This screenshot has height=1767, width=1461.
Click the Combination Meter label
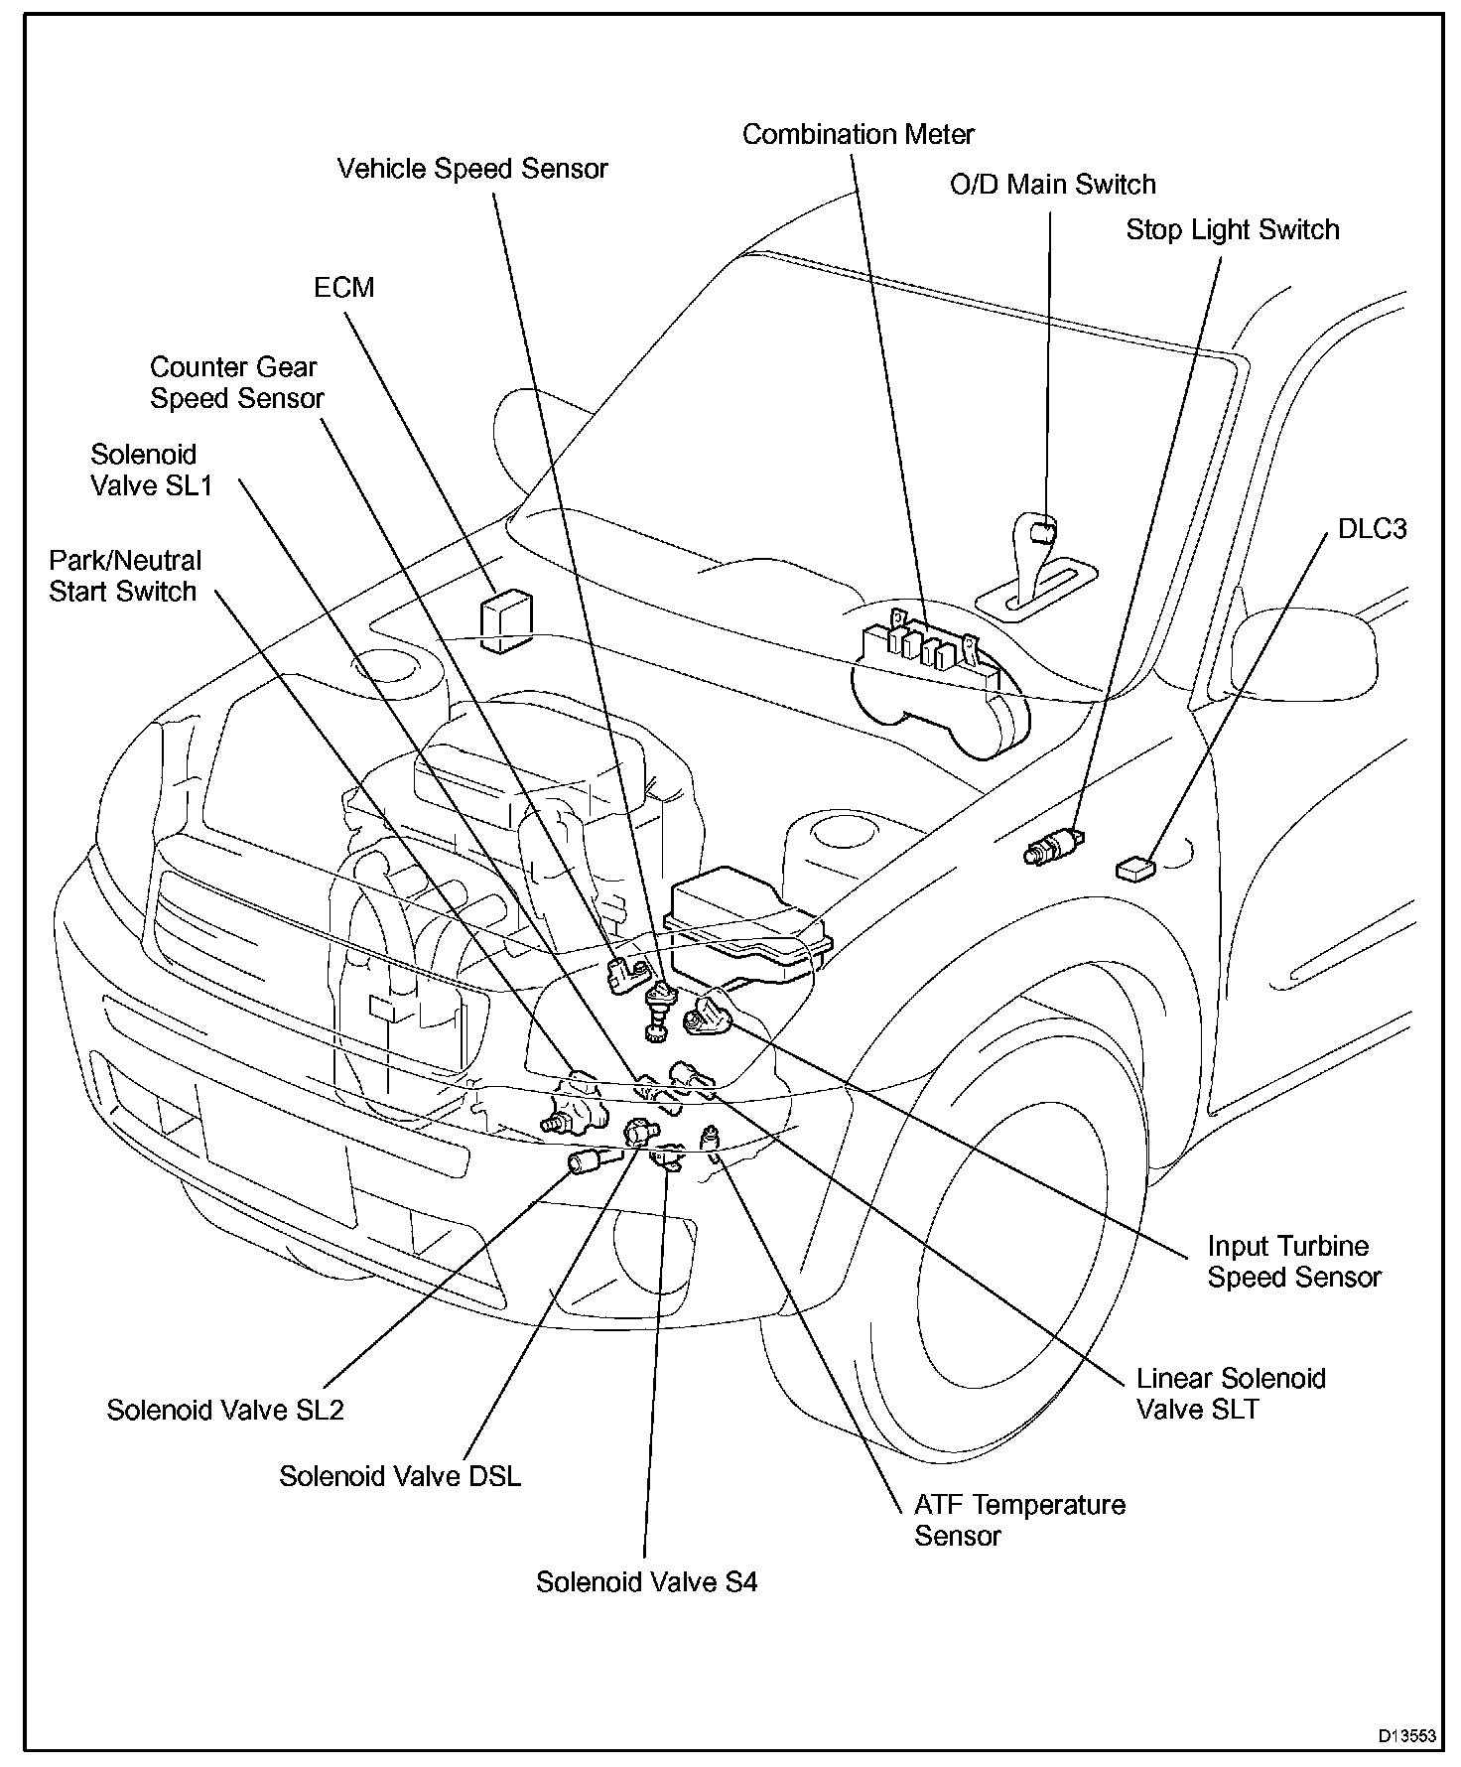(x=858, y=134)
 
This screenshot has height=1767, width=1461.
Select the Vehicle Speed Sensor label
(x=471, y=169)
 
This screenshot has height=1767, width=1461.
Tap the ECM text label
(x=343, y=288)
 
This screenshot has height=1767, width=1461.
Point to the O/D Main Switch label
(x=1052, y=185)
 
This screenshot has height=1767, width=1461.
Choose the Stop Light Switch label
(x=1232, y=230)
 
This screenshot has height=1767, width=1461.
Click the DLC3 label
(x=1372, y=528)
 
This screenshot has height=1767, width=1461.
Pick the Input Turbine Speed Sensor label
(x=1293, y=1262)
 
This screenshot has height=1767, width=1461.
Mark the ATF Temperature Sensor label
(x=1019, y=1520)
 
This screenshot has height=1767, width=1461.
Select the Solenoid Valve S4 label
(x=646, y=1581)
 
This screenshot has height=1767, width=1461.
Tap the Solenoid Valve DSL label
(x=399, y=1476)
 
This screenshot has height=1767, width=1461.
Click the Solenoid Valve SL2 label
(x=225, y=1410)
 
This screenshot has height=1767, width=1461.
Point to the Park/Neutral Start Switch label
(x=124, y=576)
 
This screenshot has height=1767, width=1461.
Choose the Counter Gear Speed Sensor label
(x=236, y=382)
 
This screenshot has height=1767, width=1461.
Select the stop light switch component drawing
(x=1056, y=843)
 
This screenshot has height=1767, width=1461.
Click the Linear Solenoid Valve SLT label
(x=1230, y=1393)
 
